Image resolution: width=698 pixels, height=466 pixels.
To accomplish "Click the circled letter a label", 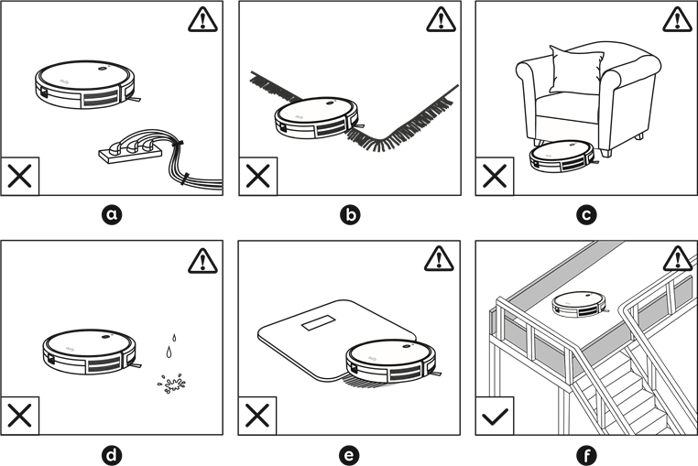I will point(112,215).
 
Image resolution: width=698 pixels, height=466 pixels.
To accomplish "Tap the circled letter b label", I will point(349,215).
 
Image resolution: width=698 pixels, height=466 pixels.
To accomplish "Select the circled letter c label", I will point(586,215).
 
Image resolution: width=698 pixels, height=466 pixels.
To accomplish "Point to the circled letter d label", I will point(112,454).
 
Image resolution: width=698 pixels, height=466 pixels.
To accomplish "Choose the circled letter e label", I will point(349,454).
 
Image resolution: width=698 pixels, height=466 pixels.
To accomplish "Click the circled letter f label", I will point(586,454).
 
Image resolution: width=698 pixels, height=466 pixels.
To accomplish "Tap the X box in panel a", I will point(20,176).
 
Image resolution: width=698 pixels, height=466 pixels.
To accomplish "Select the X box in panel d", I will point(20,416).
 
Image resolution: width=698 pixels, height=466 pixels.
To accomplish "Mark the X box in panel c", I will point(495,176).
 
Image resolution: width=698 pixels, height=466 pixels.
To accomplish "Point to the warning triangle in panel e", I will point(440,259).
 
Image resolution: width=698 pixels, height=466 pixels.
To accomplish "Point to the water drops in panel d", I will point(170,344).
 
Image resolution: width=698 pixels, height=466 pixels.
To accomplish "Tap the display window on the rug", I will point(322,322).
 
